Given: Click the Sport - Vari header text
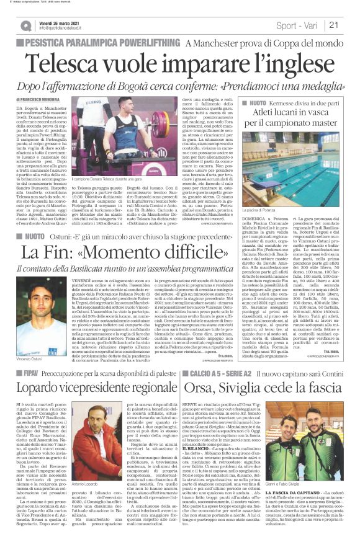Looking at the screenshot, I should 301,25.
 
